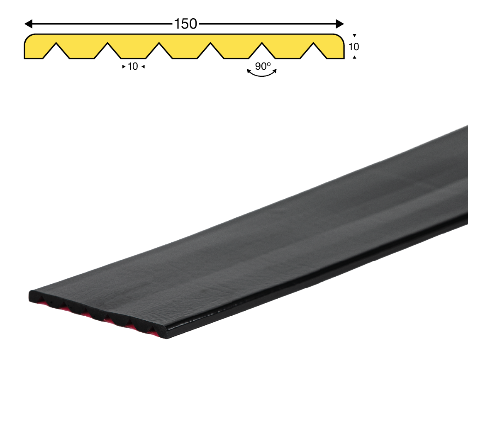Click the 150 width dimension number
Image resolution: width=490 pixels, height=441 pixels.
click(185, 24)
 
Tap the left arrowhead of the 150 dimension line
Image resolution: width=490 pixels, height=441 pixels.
click(28, 24)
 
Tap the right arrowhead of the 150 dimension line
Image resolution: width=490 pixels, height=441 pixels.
click(340, 24)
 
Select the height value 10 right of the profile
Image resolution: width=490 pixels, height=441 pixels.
click(354, 46)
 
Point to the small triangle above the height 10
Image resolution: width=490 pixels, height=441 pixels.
click(354, 35)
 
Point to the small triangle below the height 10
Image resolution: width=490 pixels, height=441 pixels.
click(354, 57)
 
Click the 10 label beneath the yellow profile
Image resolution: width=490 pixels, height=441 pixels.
click(133, 66)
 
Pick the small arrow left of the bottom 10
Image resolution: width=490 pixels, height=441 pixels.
click(124, 66)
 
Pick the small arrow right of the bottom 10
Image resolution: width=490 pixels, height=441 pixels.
click(143, 66)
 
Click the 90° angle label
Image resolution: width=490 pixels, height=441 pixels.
click(263, 66)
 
